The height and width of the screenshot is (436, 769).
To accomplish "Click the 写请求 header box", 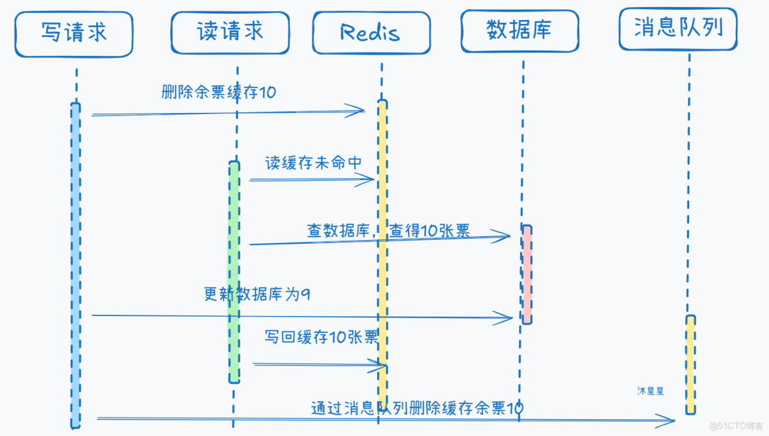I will tap(73, 33).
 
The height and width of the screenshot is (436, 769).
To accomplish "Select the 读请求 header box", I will tap(230, 32).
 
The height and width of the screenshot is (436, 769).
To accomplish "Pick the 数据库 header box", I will tap(520, 30).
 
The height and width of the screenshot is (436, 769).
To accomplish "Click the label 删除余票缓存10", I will tap(219, 92).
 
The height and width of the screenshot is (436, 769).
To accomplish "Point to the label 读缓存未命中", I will tap(313, 163).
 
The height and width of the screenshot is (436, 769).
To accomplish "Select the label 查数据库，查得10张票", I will tap(388, 230).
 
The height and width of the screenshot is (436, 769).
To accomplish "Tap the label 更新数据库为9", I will tap(257, 294).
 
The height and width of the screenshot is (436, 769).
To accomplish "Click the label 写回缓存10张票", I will tap(321, 337).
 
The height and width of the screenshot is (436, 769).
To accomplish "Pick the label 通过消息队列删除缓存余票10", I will tap(416, 408).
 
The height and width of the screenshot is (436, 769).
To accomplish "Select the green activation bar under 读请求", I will tap(234, 272).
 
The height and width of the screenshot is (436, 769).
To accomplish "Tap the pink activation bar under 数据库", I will tap(527, 274).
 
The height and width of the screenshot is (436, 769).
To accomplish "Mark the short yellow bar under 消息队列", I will tap(690, 364).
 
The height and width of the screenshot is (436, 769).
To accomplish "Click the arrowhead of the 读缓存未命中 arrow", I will tap(369, 179).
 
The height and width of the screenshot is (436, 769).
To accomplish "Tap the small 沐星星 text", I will tap(650, 391).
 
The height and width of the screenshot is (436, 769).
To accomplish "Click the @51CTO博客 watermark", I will tap(736, 426).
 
